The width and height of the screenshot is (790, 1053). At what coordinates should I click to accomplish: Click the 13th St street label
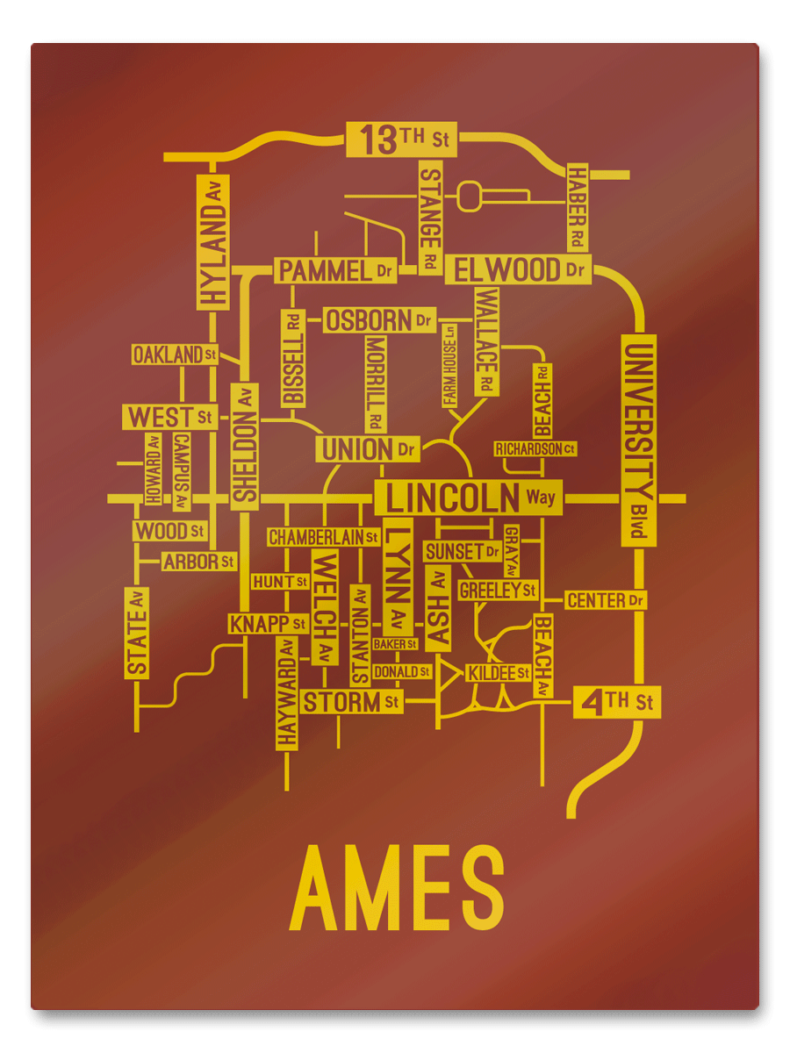point(402,140)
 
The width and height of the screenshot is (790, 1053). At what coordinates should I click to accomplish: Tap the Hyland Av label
point(212,241)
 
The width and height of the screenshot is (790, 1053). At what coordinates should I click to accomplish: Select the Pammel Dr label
point(335,270)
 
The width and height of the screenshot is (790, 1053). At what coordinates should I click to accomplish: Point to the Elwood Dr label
point(519,269)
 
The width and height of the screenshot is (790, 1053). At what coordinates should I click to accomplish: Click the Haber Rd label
point(577,207)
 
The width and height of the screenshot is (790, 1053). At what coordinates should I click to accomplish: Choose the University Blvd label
point(638,440)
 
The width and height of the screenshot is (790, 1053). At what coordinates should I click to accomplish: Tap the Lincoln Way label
point(469,498)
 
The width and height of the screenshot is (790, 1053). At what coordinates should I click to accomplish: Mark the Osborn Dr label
point(380,320)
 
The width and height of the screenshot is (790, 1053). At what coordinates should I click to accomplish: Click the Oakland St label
point(175,355)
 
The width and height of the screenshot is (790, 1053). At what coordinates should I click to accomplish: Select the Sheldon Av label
point(245,446)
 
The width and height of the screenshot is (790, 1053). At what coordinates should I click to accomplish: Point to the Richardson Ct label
point(535,449)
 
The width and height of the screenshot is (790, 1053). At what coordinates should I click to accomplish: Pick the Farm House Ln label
point(449,364)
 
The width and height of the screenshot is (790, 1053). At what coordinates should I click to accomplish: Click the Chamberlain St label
point(323,536)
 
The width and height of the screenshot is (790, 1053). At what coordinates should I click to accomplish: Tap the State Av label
point(137,632)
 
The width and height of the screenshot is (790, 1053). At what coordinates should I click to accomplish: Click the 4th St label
point(617,702)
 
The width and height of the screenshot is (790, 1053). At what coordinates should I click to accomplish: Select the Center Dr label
point(606,601)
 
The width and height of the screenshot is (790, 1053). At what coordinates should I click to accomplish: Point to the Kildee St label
point(498,673)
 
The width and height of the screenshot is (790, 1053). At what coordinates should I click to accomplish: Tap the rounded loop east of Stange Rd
point(470,195)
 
